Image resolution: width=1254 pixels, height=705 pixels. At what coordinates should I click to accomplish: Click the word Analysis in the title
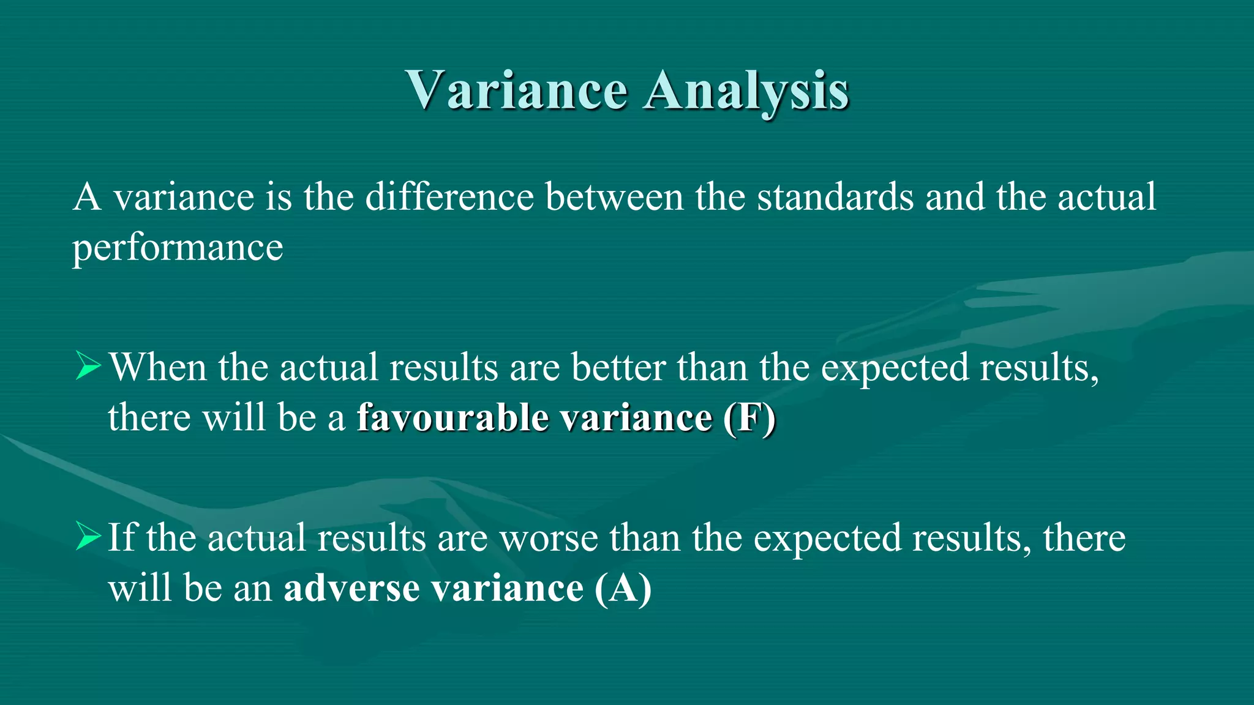coord(746,90)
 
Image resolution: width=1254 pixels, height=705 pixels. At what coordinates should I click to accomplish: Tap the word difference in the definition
coord(449,197)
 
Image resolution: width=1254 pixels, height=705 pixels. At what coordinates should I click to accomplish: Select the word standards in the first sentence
coord(835,197)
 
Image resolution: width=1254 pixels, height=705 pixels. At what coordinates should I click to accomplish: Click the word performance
coord(178,248)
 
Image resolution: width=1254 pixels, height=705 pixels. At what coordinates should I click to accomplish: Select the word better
coord(618,367)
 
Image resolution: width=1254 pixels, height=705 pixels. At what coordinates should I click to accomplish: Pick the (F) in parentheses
coord(749,418)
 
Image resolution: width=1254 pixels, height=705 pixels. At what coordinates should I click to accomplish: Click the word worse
coord(549,538)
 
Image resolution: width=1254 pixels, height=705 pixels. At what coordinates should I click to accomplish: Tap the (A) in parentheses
coord(623,588)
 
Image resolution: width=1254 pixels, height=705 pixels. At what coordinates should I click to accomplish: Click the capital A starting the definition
coord(87,197)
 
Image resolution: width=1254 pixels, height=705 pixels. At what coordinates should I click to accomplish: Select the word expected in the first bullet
coord(895,368)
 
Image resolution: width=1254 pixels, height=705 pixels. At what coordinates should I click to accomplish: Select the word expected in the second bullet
coord(827,539)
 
